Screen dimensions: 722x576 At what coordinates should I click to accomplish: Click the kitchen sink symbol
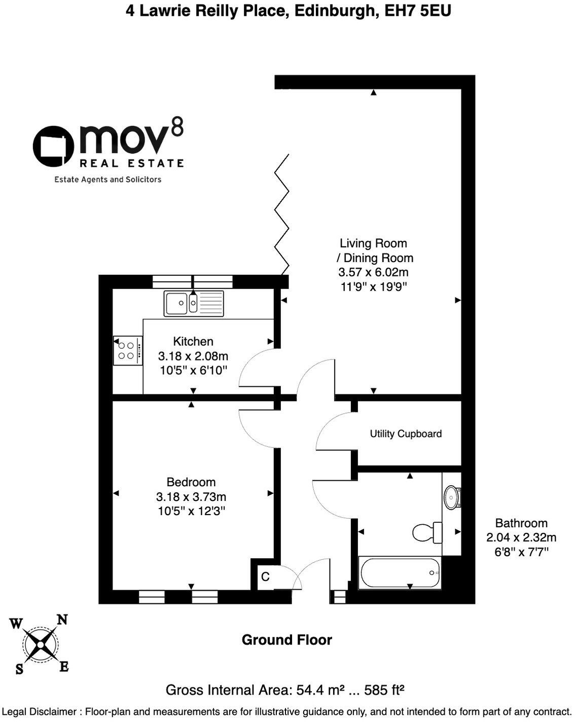(x=193, y=303)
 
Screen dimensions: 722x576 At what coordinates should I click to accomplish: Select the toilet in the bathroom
(x=426, y=532)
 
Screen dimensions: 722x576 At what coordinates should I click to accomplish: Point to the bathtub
(x=400, y=573)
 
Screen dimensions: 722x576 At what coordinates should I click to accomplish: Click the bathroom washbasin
(x=451, y=497)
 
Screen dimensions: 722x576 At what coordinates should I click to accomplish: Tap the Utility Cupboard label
(x=406, y=434)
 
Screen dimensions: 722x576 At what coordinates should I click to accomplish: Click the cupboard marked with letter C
(x=265, y=576)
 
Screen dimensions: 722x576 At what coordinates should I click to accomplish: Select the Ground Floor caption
(x=286, y=640)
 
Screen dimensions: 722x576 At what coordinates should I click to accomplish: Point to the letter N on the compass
(x=62, y=620)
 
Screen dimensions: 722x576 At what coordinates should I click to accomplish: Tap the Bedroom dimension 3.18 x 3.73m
(x=191, y=497)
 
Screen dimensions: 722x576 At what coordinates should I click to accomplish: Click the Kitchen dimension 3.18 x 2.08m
(x=193, y=356)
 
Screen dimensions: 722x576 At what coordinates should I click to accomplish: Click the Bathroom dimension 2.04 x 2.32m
(x=521, y=537)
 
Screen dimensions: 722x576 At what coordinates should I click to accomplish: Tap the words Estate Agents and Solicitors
(x=107, y=179)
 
